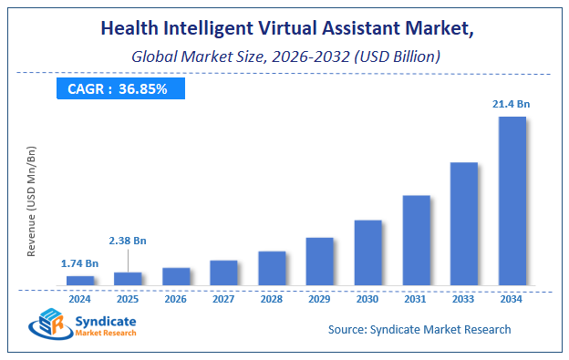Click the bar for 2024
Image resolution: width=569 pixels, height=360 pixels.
pyautogui.click(x=80, y=280)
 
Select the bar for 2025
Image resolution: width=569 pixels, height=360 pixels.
pyautogui.click(x=128, y=278)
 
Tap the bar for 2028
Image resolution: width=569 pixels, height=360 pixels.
pyautogui.click(x=272, y=267)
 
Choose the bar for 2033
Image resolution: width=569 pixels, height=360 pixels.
pyautogui.click(x=464, y=223)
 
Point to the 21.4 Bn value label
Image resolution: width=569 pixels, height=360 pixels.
pyautogui.click(x=512, y=105)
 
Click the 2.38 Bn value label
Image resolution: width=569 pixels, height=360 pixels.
pyautogui.click(x=128, y=241)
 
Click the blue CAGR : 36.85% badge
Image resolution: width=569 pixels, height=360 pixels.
pyautogui.click(x=120, y=88)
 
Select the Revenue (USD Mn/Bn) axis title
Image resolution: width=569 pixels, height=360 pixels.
pyautogui.click(x=32, y=201)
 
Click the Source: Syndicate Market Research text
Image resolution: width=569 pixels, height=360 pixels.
pyautogui.click(x=419, y=329)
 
